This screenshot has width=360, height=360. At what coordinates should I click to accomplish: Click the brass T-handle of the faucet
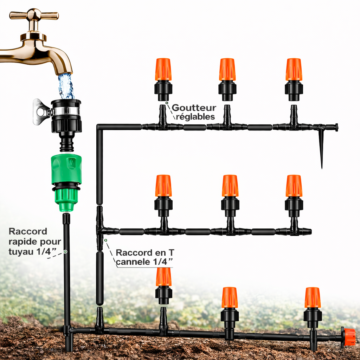[x=34, y=15]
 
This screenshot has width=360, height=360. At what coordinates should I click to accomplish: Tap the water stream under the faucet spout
[x=66, y=86]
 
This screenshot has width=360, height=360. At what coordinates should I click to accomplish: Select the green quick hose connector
[x=66, y=181]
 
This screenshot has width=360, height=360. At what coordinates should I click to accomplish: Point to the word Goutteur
[x=194, y=108]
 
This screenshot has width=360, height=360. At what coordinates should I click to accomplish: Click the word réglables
[x=195, y=117]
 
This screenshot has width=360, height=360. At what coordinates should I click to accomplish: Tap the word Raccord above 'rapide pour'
[x=28, y=231]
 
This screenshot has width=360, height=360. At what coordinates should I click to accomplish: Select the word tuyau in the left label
[x=21, y=252]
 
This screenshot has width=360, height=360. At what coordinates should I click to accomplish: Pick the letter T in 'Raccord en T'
[x=172, y=252]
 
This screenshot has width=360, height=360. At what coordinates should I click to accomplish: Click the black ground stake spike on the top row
[x=321, y=149]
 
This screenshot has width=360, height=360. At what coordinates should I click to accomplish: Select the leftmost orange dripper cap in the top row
[x=163, y=69]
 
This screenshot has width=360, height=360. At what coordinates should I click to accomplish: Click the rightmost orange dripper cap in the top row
[x=294, y=69]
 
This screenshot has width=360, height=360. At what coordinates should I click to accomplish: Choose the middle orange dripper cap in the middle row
[x=230, y=186]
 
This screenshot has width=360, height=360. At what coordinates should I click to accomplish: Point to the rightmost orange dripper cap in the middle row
[x=294, y=186]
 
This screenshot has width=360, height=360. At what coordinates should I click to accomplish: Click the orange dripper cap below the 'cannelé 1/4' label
[x=164, y=277]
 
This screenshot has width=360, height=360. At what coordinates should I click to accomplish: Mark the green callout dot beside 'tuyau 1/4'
[x=65, y=252]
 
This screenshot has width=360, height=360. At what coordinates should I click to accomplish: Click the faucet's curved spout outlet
[x=65, y=71]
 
